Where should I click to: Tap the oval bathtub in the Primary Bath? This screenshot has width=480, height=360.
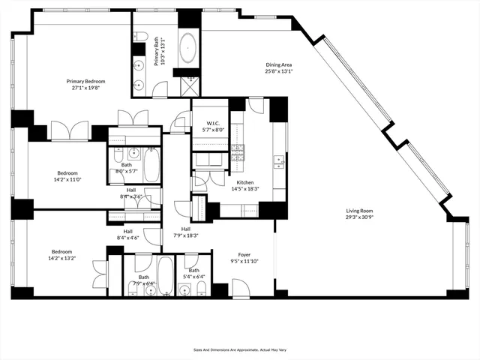tap(187, 47)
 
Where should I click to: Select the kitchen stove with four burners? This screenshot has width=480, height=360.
tap(238, 152)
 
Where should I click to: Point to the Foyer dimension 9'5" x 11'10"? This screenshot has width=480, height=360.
tap(244, 262)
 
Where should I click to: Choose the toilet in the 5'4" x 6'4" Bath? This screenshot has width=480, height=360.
tap(201, 289)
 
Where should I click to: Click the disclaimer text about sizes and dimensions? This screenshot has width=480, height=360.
tap(239, 349)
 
